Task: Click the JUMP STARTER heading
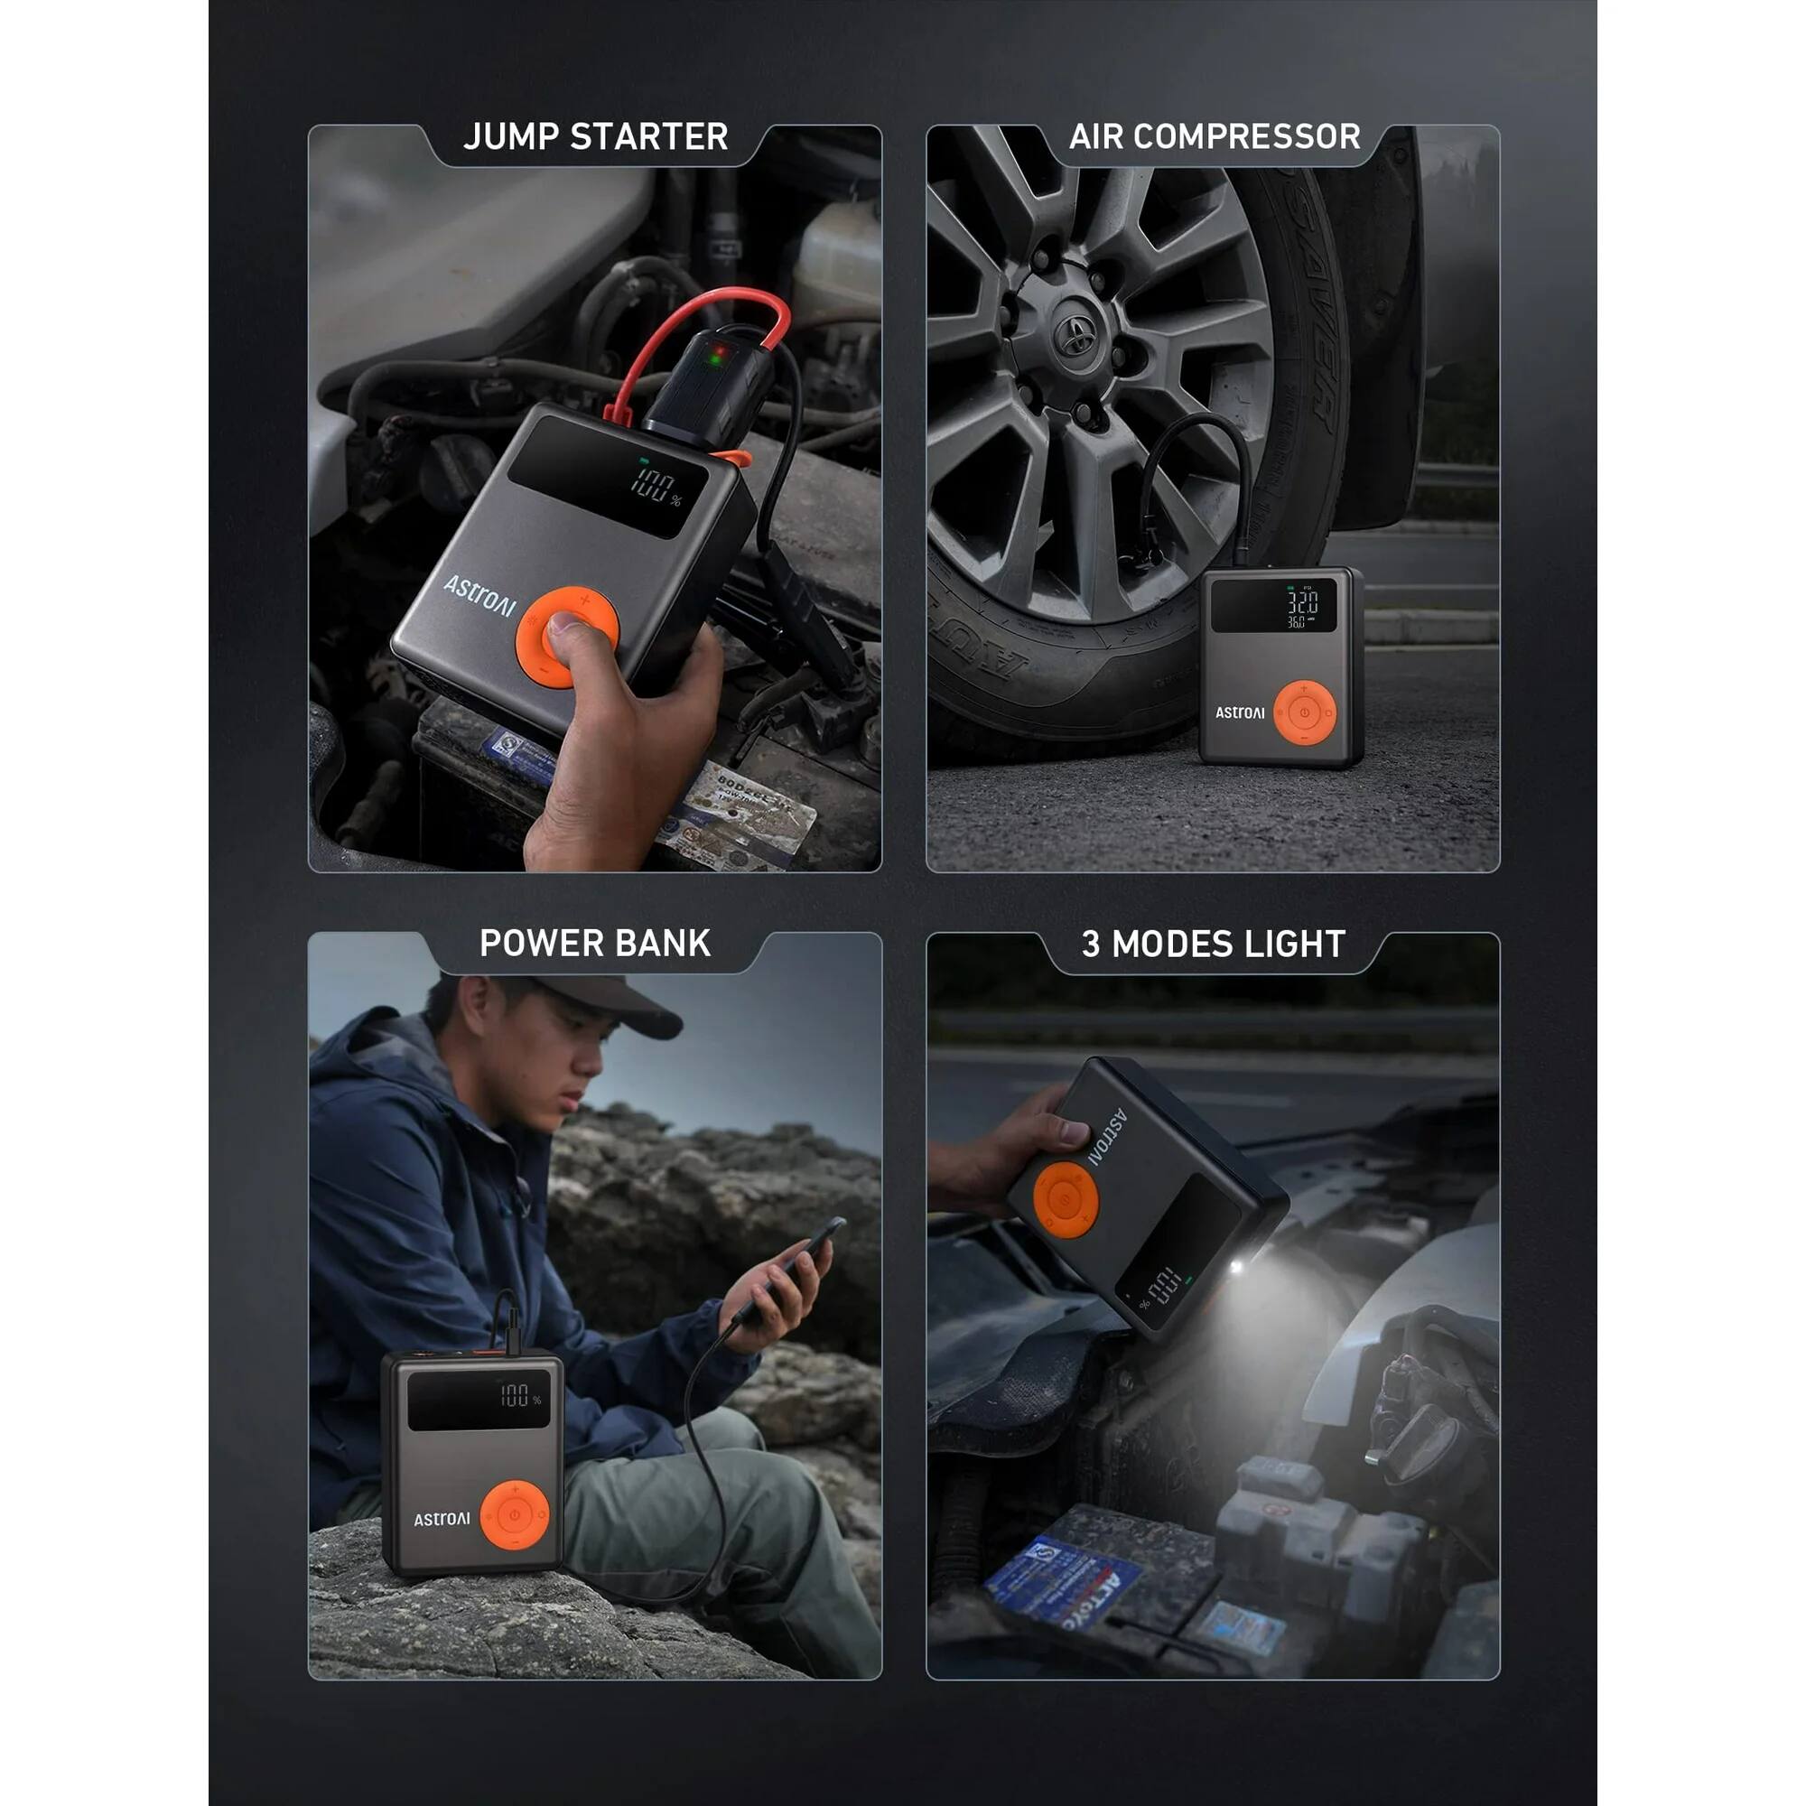tap(595, 137)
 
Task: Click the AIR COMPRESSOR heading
tap(1215, 137)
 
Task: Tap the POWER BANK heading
tap(595, 944)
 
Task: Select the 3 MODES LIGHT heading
tap(1214, 945)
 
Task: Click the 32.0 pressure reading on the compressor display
tap(1302, 601)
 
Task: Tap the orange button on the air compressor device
tap(1304, 713)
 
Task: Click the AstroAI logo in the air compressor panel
tap(1240, 712)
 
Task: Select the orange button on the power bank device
tap(514, 1514)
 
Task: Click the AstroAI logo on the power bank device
tap(442, 1519)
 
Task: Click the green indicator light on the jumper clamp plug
tap(717, 356)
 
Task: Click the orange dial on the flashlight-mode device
tap(1065, 1200)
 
